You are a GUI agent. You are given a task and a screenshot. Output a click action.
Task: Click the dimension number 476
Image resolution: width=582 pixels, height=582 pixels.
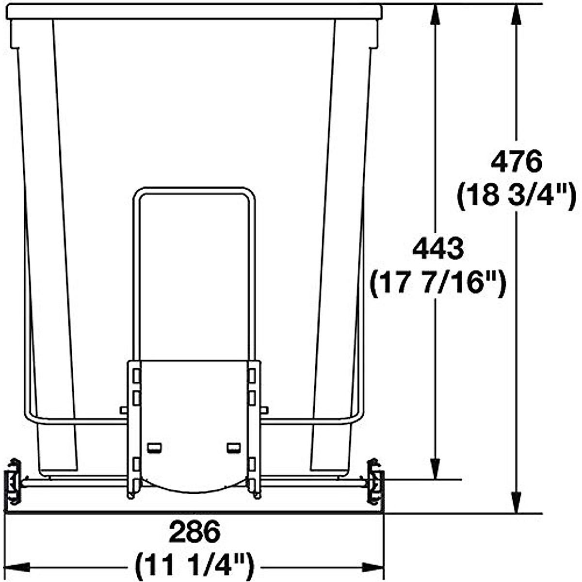tap(516, 162)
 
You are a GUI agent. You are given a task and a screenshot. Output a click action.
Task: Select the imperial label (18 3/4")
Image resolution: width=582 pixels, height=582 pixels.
tap(517, 196)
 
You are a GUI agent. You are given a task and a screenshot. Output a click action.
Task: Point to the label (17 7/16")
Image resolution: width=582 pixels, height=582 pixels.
tap(438, 283)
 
